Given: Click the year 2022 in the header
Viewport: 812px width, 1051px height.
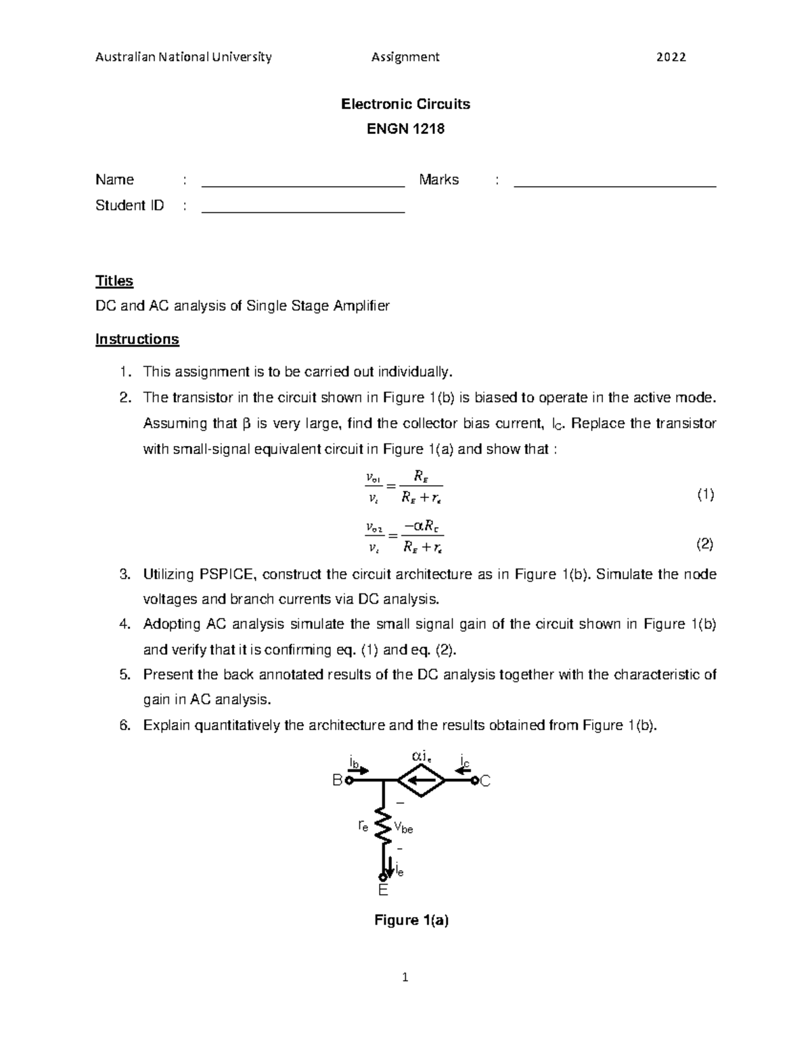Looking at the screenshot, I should [671, 57].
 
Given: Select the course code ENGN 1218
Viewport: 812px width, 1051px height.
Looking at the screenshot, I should [405, 129].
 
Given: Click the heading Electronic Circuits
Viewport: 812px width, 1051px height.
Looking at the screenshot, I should [405, 104].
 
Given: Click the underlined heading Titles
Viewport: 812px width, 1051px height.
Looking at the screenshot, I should [114, 281].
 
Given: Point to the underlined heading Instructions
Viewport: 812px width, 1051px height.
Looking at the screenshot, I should [137, 339].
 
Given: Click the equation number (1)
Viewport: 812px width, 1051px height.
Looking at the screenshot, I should [705, 495].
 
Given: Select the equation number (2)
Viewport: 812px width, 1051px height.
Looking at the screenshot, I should [705, 543].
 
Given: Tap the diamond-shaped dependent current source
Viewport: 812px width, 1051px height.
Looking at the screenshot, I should [422, 781].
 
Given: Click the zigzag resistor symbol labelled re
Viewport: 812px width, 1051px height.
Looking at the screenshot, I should [384, 826].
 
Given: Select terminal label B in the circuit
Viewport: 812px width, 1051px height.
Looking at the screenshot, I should [336, 781].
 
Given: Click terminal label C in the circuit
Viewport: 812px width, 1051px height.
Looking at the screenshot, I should [485, 781].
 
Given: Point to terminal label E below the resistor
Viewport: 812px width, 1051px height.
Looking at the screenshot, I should [383, 891].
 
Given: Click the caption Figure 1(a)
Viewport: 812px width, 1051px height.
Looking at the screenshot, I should [411, 920].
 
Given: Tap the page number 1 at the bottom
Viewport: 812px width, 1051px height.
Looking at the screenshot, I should [405, 977].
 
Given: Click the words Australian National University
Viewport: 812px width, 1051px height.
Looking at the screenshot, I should [183, 57].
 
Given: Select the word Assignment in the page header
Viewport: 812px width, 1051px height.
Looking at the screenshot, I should [405, 57].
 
